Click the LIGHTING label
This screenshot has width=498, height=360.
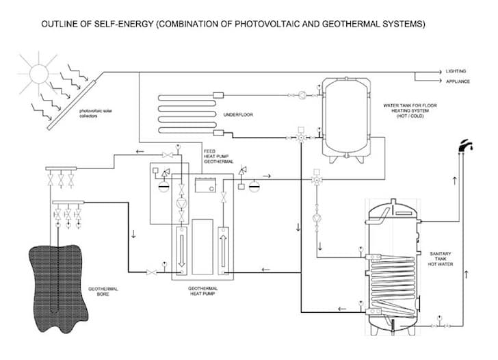(456, 71)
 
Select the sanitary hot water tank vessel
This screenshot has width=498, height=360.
(393, 262)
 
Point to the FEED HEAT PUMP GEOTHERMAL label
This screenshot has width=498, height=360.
(218, 155)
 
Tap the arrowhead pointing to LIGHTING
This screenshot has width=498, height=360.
(441, 71)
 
